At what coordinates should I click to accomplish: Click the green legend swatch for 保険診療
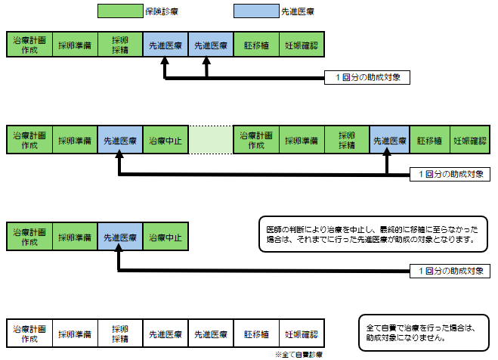click(x=119, y=11)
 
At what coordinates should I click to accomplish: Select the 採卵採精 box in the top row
click(x=119, y=45)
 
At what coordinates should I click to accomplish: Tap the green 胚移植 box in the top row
click(x=256, y=45)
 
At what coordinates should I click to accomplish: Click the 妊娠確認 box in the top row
click(x=302, y=45)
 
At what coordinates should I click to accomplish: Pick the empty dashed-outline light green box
click(x=210, y=141)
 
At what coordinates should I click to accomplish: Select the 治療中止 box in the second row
click(x=165, y=141)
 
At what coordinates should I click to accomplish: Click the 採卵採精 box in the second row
click(x=347, y=141)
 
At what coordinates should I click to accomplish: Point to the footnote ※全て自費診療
click(x=299, y=354)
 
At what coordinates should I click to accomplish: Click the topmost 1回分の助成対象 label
click(x=367, y=77)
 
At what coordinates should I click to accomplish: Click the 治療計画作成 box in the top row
click(x=29, y=45)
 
